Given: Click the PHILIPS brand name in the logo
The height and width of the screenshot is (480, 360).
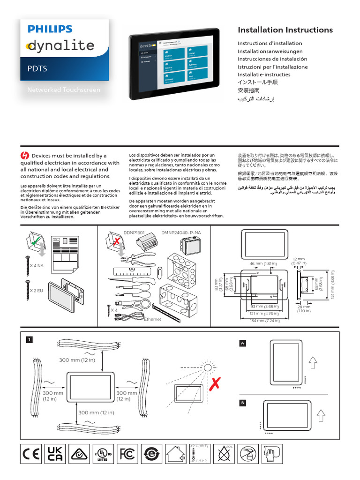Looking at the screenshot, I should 50,29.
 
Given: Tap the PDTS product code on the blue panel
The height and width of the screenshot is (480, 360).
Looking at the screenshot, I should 37,68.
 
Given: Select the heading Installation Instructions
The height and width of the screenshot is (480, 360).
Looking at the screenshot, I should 285,30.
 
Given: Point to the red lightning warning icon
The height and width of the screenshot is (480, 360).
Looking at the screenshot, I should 25,155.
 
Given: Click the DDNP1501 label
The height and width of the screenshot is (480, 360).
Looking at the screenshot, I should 134,232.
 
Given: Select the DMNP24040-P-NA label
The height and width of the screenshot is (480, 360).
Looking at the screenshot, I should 181,232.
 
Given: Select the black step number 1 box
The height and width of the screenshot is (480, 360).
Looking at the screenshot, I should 29,339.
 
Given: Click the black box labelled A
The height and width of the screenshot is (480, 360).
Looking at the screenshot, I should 243,343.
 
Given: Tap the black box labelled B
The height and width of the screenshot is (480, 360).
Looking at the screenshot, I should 243,403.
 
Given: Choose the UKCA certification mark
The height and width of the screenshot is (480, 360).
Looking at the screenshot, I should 55,454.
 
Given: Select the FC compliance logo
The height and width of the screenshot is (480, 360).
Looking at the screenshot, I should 127,454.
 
